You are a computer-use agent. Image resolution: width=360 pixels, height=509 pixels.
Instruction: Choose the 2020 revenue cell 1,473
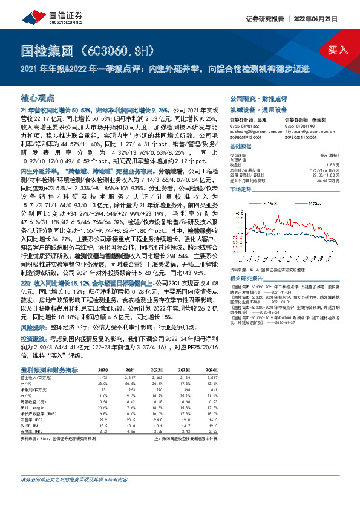pos(103,376)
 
